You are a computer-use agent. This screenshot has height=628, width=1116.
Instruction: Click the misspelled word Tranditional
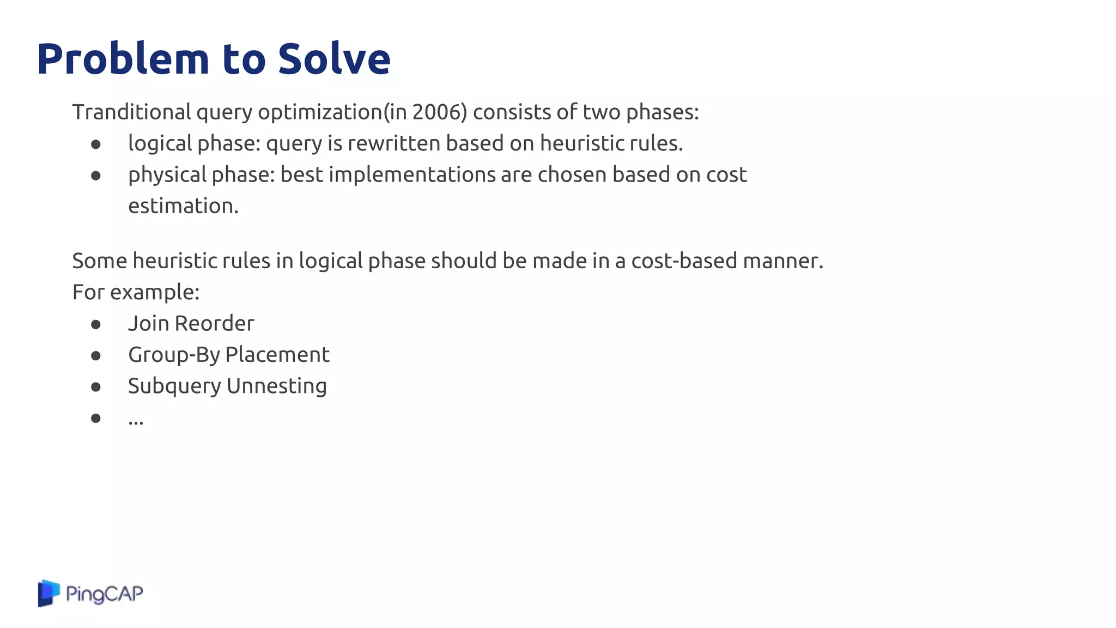pos(131,112)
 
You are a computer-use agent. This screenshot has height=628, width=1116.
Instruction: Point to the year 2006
pos(434,112)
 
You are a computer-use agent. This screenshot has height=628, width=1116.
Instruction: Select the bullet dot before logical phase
pos(96,144)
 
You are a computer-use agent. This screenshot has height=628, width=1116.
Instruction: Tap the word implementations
pos(412,175)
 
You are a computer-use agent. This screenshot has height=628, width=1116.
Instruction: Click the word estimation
pos(183,206)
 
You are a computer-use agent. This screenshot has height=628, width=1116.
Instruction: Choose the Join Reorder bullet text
pos(191,324)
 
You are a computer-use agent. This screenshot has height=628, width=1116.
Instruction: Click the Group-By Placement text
pos(228,355)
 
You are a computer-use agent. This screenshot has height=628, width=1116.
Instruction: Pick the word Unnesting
pos(276,386)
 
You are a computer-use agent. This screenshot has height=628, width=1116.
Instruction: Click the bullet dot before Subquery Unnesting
pos(96,387)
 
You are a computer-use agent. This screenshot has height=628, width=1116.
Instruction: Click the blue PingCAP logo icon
pos(48,593)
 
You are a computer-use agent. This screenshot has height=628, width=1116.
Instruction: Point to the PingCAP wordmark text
pos(104,594)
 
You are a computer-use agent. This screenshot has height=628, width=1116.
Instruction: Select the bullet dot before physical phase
pos(96,176)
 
